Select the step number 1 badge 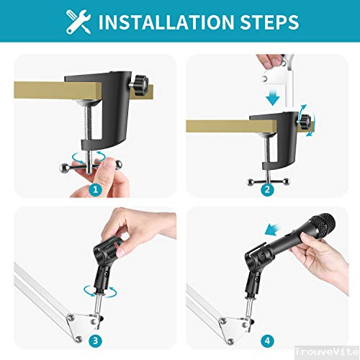pyautogui.click(x=96, y=190)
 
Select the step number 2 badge pyautogui.click(x=266, y=190)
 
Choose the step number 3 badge pyautogui.click(x=96, y=339)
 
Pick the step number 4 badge pyautogui.click(x=266, y=339)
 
